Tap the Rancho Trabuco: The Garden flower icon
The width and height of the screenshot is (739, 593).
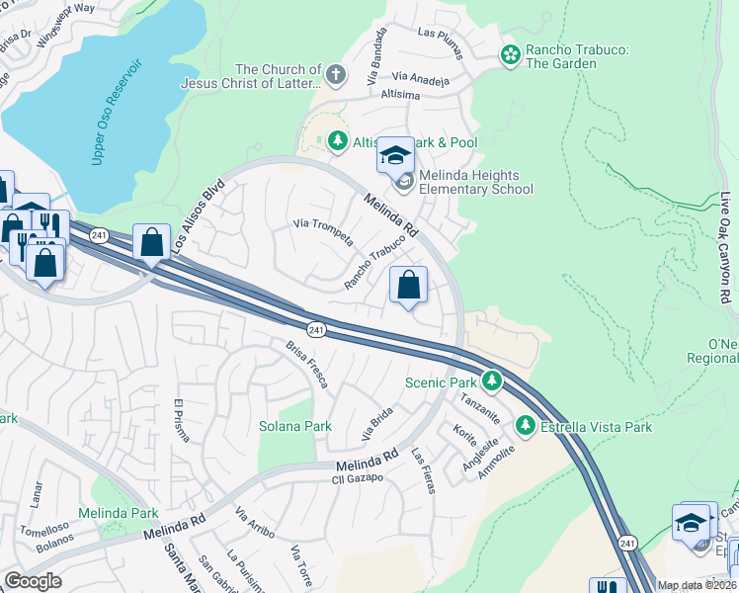coord(510,55)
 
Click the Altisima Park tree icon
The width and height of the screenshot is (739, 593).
coord(337,142)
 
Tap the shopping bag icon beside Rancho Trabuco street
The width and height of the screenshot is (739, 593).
coord(408,287)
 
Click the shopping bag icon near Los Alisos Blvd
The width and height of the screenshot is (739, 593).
coord(151,241)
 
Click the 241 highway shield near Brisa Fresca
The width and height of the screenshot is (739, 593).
coord(315,329)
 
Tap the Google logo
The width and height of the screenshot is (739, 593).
coord(33,581)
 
